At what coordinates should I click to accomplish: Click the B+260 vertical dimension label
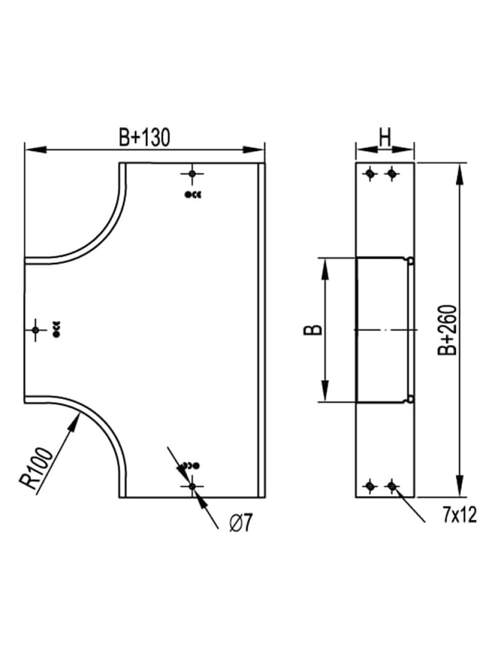click(x=447, y=331)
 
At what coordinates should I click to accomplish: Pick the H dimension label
click(x=385, y=137)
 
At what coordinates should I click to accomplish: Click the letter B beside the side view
click(x=313, y=330)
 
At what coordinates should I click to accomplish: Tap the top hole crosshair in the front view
click(x=192, y=173)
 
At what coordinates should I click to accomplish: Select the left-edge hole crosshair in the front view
click(x=36, y=330)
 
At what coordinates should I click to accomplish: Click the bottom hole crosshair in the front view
click(x=192, y=486)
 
